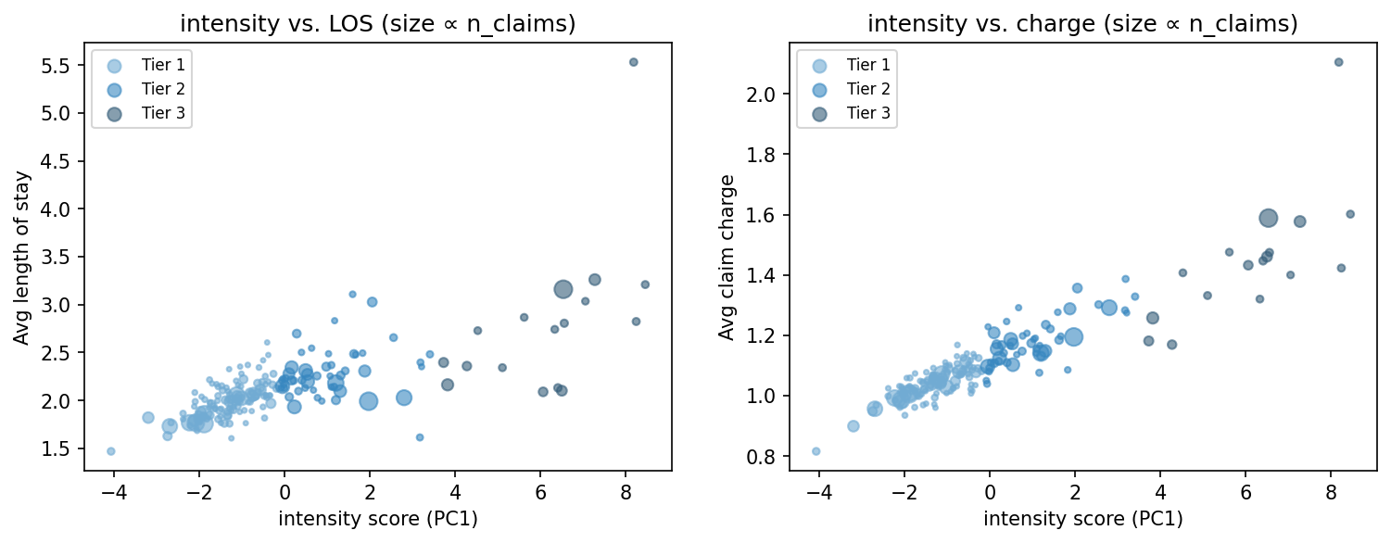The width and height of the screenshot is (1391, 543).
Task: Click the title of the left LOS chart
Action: pyautogui.click(x=378, y=25)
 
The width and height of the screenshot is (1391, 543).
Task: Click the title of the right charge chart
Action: pyautogui.click(x=1082, y=25)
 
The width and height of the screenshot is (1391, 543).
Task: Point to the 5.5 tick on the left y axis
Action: pyautogui.click(x=63, y=66)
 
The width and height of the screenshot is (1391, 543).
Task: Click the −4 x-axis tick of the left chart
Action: pyautogui.click(x=113, y=492)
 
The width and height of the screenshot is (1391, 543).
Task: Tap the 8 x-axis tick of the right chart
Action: pyautogui.click(x=1331, y=492)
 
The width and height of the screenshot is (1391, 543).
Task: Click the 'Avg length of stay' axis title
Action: pyautogui.click(x=21, y=257)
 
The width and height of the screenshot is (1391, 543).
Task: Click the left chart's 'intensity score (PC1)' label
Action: pyautogui.click(x=378, y=519)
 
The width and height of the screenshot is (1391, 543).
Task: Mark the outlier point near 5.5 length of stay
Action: pyautogui.click(x=634, y=62)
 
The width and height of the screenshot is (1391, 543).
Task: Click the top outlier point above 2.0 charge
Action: pyautogui.click(x=1338, y=62)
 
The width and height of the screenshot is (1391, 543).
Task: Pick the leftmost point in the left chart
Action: pyautogui.click(x=111, y=451)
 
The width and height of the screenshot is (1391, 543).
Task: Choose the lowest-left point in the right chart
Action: pyautogui.click(x=816, y=451)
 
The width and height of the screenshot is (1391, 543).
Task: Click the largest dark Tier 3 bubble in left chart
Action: pyautogui.click(x=563, y=289)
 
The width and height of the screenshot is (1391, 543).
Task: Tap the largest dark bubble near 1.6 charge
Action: pyautogui.click(x=1269, y=218)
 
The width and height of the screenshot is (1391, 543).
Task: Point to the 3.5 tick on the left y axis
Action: pyautogui.click(x=63, y=258)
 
